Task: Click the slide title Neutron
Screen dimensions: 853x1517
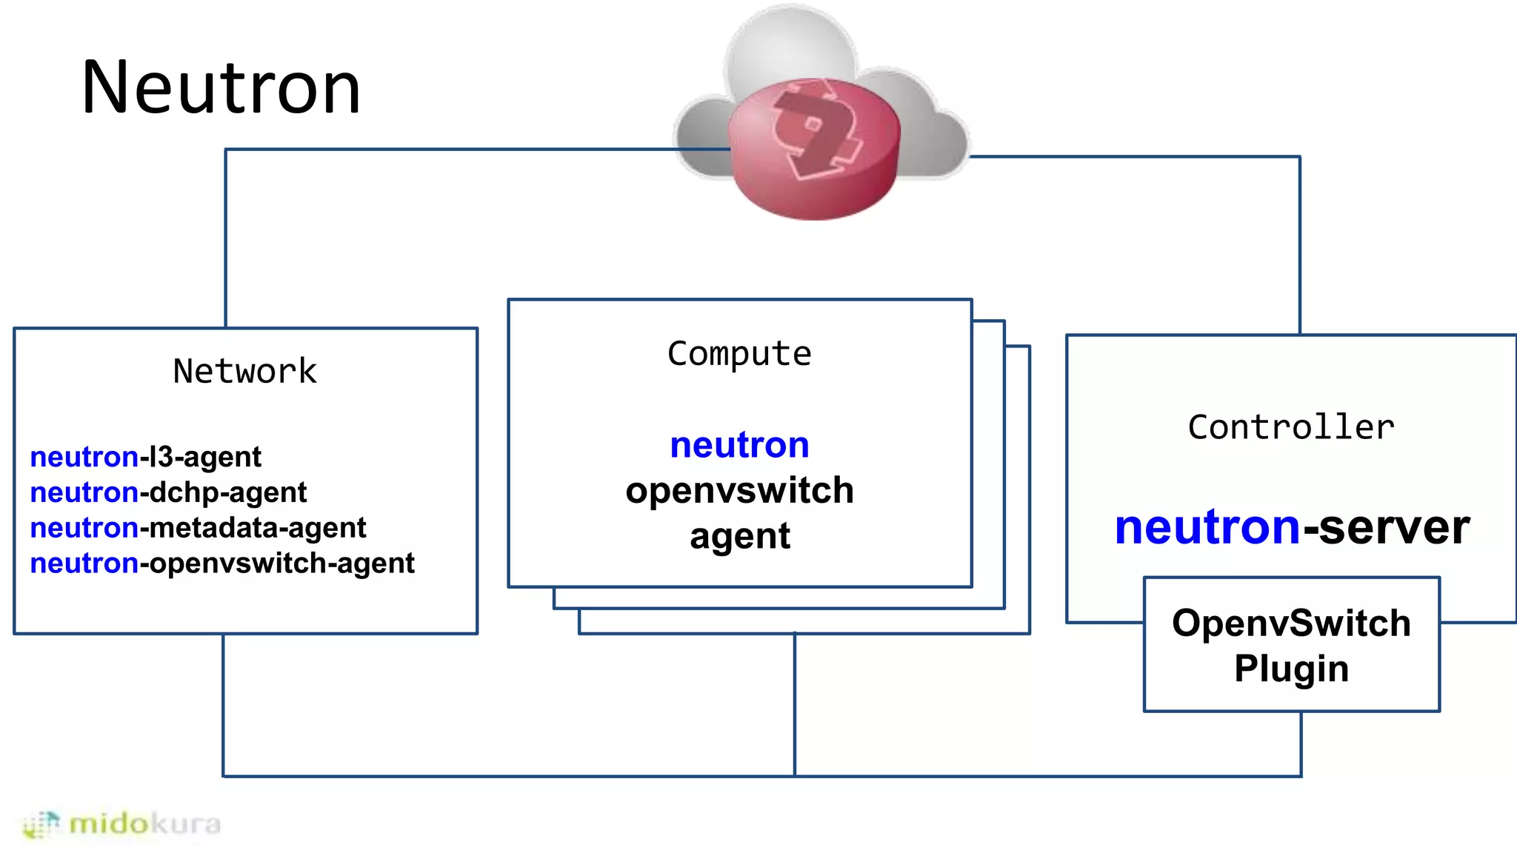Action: click(221, 87)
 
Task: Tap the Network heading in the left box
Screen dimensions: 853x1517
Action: click(244, 371)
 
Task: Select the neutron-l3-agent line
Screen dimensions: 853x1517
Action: click(145, 457)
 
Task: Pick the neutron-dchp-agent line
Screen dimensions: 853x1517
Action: click(168, 492)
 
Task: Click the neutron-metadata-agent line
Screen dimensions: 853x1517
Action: click(198, 528)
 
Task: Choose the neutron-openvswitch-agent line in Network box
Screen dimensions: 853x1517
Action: click(222, 563)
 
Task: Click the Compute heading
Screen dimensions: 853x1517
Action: click(739, 353)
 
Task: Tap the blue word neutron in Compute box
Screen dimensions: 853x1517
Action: click(739, 445)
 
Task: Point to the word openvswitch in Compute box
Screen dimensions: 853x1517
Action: click(739, 490)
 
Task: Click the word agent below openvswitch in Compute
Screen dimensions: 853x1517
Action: click(739, 536)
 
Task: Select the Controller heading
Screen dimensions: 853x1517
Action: click(1291, 427)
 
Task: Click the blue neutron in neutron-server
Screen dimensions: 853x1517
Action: click(1207, 527)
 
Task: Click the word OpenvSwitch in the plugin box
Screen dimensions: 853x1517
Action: click(1291, 623)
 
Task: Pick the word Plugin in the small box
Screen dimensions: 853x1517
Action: click(1291, 668)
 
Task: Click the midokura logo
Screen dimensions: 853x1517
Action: click(122, 823)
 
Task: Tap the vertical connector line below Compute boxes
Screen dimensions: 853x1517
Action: click(795, 703)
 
